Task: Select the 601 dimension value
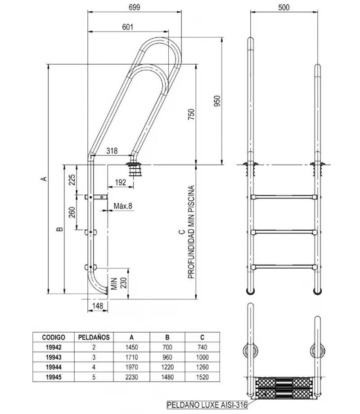[x=127, y=27]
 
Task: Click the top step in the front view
[x=284, y=197]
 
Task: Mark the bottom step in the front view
[x=284, y=266]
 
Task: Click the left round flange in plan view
[x=248, y=351]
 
